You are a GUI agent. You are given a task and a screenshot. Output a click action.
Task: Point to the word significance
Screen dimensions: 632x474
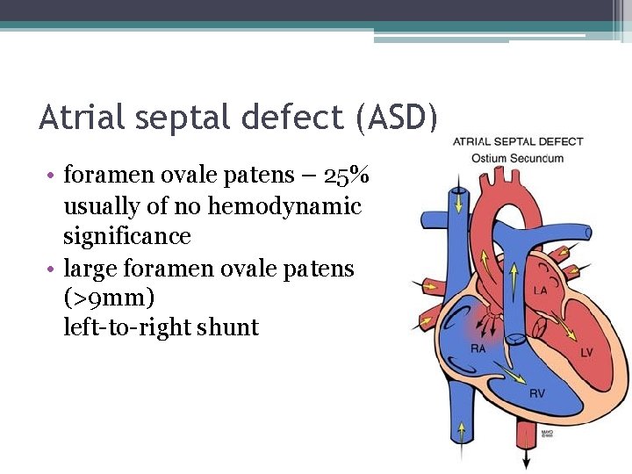(126, 236)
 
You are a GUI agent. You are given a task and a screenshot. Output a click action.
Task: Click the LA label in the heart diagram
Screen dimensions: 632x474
(542, 291)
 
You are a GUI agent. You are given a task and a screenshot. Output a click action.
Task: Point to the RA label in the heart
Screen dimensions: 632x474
(478, 348)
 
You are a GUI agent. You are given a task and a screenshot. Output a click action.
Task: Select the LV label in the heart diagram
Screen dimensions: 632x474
(587, 352)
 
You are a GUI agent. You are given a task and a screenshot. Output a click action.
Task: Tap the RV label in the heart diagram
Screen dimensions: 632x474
(536, 393)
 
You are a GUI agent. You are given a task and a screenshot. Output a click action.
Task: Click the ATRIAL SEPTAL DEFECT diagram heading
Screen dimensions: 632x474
(518, 142)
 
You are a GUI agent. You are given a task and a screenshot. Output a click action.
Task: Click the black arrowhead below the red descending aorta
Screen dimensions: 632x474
(527, 462)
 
